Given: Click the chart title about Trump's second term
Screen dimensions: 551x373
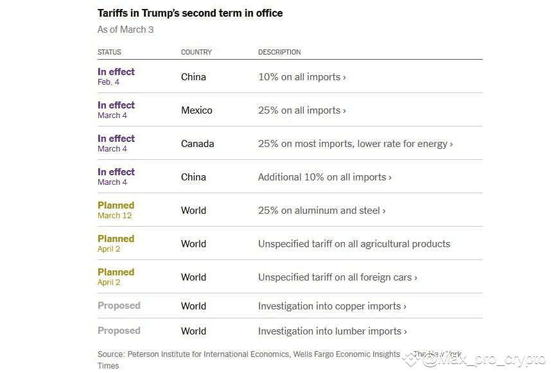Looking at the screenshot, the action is click(190, 13).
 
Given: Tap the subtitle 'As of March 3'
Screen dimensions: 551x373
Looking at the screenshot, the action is click(125, 30).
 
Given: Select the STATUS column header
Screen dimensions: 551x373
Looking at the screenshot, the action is click(109, 52).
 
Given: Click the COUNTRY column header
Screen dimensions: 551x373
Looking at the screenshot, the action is click(197, 52).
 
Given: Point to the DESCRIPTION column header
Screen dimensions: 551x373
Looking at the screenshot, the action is click(279, 52).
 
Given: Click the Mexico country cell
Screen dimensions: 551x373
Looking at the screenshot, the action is click(197, 110).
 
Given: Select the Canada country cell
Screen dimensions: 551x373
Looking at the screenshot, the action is click(198, 144).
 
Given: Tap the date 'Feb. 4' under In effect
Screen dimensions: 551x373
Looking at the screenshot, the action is click(109, 82).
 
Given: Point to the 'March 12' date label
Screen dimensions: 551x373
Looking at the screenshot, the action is click(114, 216).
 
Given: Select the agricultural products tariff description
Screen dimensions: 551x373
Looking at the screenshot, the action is click(354, 244).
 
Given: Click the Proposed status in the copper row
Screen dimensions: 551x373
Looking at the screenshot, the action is click(119, 306).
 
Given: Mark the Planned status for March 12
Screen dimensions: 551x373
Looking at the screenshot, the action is click(116, 205).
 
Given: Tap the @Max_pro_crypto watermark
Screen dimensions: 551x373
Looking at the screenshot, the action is click(484, 360).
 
